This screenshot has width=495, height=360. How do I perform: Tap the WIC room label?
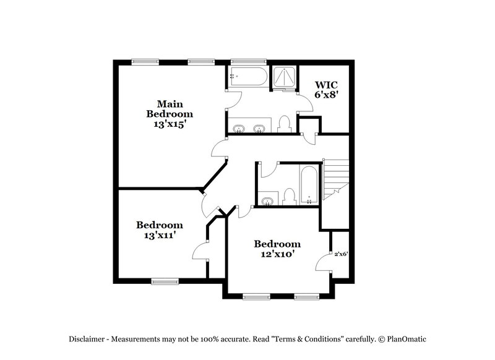point(326,85)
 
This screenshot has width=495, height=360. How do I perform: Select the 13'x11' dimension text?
point(159,235)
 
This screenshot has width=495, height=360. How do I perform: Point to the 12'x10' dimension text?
point(277,254)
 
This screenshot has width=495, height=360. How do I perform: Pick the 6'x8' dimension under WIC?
point(326,95)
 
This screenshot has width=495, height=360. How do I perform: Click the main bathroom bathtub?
point(247,77)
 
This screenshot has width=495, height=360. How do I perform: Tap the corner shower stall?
point(284,77)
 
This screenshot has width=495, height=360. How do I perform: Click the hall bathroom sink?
point(267,200)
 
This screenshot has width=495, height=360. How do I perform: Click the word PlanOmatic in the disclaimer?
point(405,339)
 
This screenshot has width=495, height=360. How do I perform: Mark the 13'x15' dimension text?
point(169,124)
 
